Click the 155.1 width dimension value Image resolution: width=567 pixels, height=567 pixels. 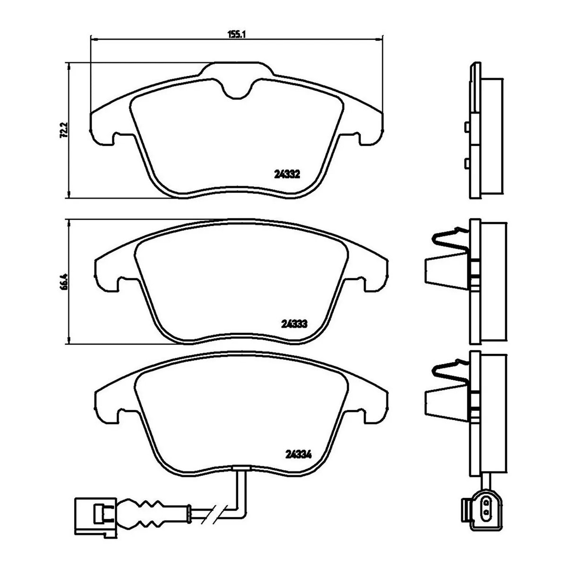tap(237, 34)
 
